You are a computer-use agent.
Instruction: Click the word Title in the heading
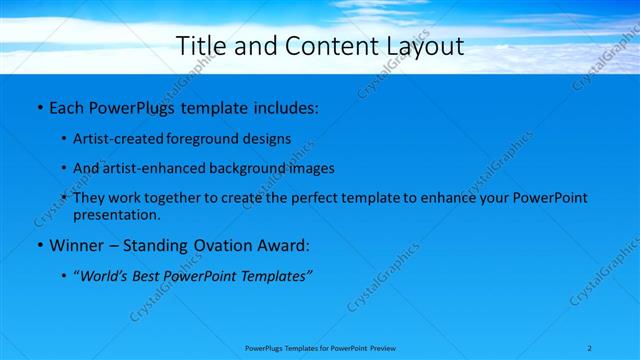(199, 46)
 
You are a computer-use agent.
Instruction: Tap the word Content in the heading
(320, 46)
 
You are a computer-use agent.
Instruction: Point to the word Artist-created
(113, 139)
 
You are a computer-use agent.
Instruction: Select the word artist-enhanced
(148, 168)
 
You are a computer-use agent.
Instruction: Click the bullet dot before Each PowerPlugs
(39, 106)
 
